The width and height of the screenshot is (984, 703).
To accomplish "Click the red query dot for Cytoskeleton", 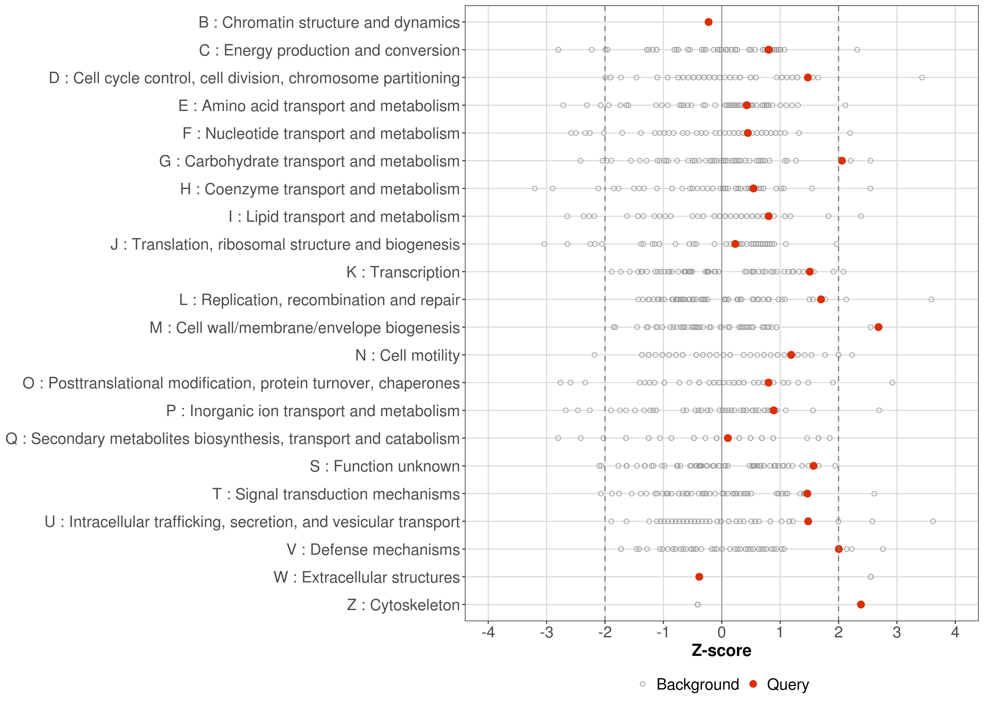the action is click(x=861, y=604).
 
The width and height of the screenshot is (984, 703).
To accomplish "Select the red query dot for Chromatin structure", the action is click(x=708, y=22).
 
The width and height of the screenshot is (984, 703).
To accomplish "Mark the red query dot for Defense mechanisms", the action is click(x=839, y=549).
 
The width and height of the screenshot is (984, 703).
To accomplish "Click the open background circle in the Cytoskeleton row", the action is click(x=697, y=604).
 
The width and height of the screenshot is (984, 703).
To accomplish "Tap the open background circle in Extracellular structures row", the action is click(x=871, y=577).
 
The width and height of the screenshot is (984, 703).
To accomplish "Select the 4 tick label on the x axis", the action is click(x=955, y=632).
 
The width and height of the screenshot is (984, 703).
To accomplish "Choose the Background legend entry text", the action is click(x=697, y=684).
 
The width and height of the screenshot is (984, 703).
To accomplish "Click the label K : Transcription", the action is click(x=403, y=272).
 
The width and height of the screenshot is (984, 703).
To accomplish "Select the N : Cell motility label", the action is click(x=407, y=355).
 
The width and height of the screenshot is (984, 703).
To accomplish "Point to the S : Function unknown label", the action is click(x=385, y=466).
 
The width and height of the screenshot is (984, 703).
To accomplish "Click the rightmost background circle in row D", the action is click(x=922, y=78).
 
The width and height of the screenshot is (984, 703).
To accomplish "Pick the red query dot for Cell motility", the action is click(x=791, y=355).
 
